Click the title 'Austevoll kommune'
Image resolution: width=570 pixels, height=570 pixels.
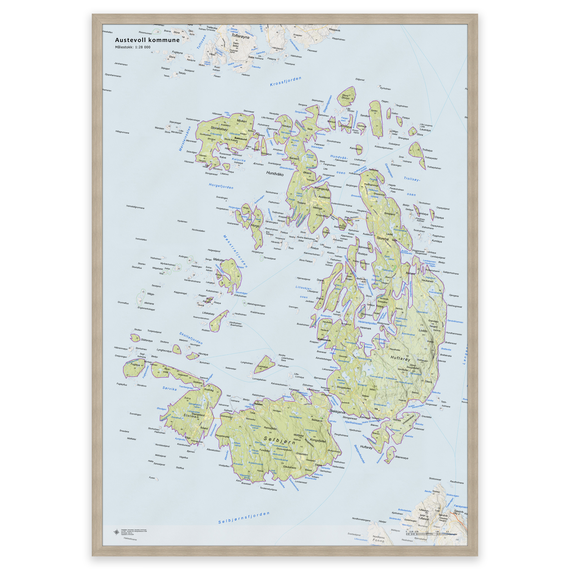[147, 40]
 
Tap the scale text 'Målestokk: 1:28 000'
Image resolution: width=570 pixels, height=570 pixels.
[133, 47]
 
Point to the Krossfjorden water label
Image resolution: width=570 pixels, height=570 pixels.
[286, 82]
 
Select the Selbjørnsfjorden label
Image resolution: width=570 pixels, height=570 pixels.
[244, 518]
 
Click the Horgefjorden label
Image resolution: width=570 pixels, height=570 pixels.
[221, 186]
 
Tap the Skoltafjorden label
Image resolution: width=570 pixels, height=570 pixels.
[191, 338]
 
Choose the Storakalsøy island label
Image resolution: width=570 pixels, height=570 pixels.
[219, 129]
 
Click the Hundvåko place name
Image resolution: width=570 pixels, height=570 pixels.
[275, 173]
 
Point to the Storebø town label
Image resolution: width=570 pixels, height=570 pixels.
[383, 239]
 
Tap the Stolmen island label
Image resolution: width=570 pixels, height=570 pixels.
[191, 416]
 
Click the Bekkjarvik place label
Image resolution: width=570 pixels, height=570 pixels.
[338, 411]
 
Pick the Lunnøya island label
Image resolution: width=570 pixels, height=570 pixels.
[262, 367]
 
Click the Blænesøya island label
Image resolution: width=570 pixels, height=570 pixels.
[402, 458]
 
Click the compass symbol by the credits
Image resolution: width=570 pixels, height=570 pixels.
[116, 532]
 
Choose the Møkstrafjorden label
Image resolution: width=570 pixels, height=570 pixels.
[235, 251]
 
